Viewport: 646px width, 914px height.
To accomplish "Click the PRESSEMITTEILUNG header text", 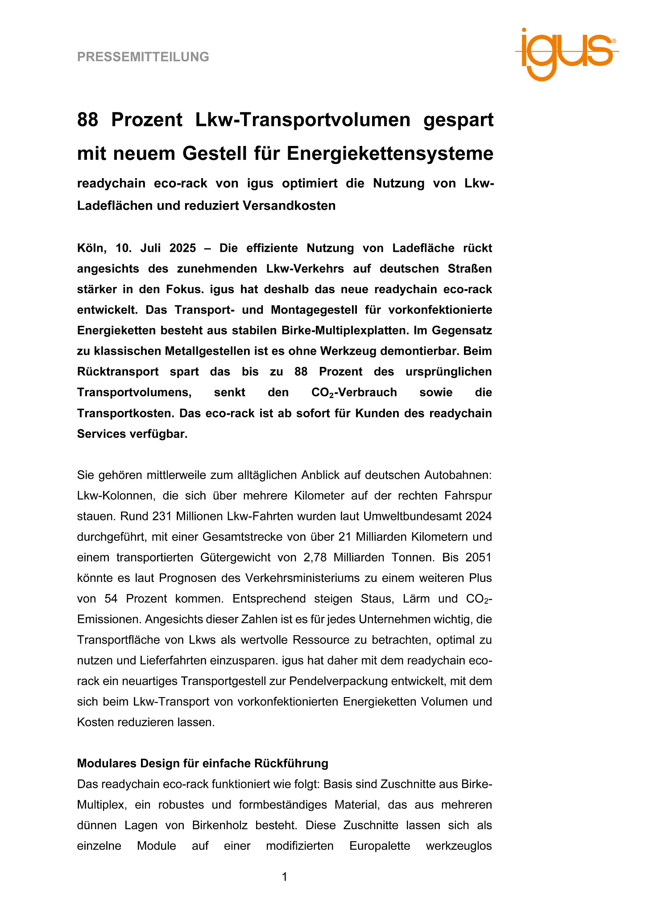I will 143,57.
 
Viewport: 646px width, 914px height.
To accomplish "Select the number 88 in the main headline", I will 87,120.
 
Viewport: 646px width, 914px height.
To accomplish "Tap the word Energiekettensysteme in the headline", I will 390,154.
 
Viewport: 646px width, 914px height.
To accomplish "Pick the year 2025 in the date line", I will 181,248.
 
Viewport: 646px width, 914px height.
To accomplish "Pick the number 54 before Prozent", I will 111,598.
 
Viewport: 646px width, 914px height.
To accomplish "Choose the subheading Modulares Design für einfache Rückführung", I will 203,764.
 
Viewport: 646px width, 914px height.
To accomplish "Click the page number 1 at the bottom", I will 285,877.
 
